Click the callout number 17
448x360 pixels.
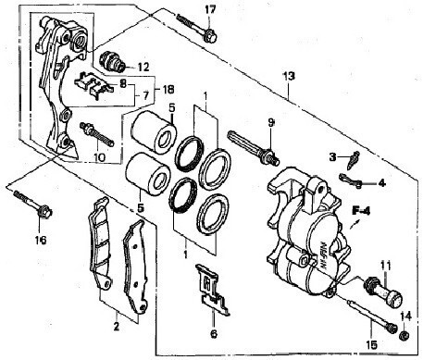coord(210,10)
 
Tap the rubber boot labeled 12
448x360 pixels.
coord(112,60)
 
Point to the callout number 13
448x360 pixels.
coord(289,76)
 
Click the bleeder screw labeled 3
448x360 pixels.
coord(353,160)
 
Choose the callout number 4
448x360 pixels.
coord(381,183)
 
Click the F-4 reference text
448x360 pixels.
coord(361,211)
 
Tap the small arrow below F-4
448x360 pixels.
coord(355,224)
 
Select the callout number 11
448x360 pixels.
coord(385,266)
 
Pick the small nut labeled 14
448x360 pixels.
coord(404,336)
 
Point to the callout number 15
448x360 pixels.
coord(372,345)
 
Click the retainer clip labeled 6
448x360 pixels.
coord(213,290)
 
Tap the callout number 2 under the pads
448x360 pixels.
coord(117,327)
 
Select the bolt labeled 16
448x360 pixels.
coord(32,204)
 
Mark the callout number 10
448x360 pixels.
coord(99,157)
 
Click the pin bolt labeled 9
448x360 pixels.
coord(254,148)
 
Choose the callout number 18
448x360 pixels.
coord(168,90)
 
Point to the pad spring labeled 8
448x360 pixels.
coord(93,85)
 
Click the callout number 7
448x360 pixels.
coord(145,95)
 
